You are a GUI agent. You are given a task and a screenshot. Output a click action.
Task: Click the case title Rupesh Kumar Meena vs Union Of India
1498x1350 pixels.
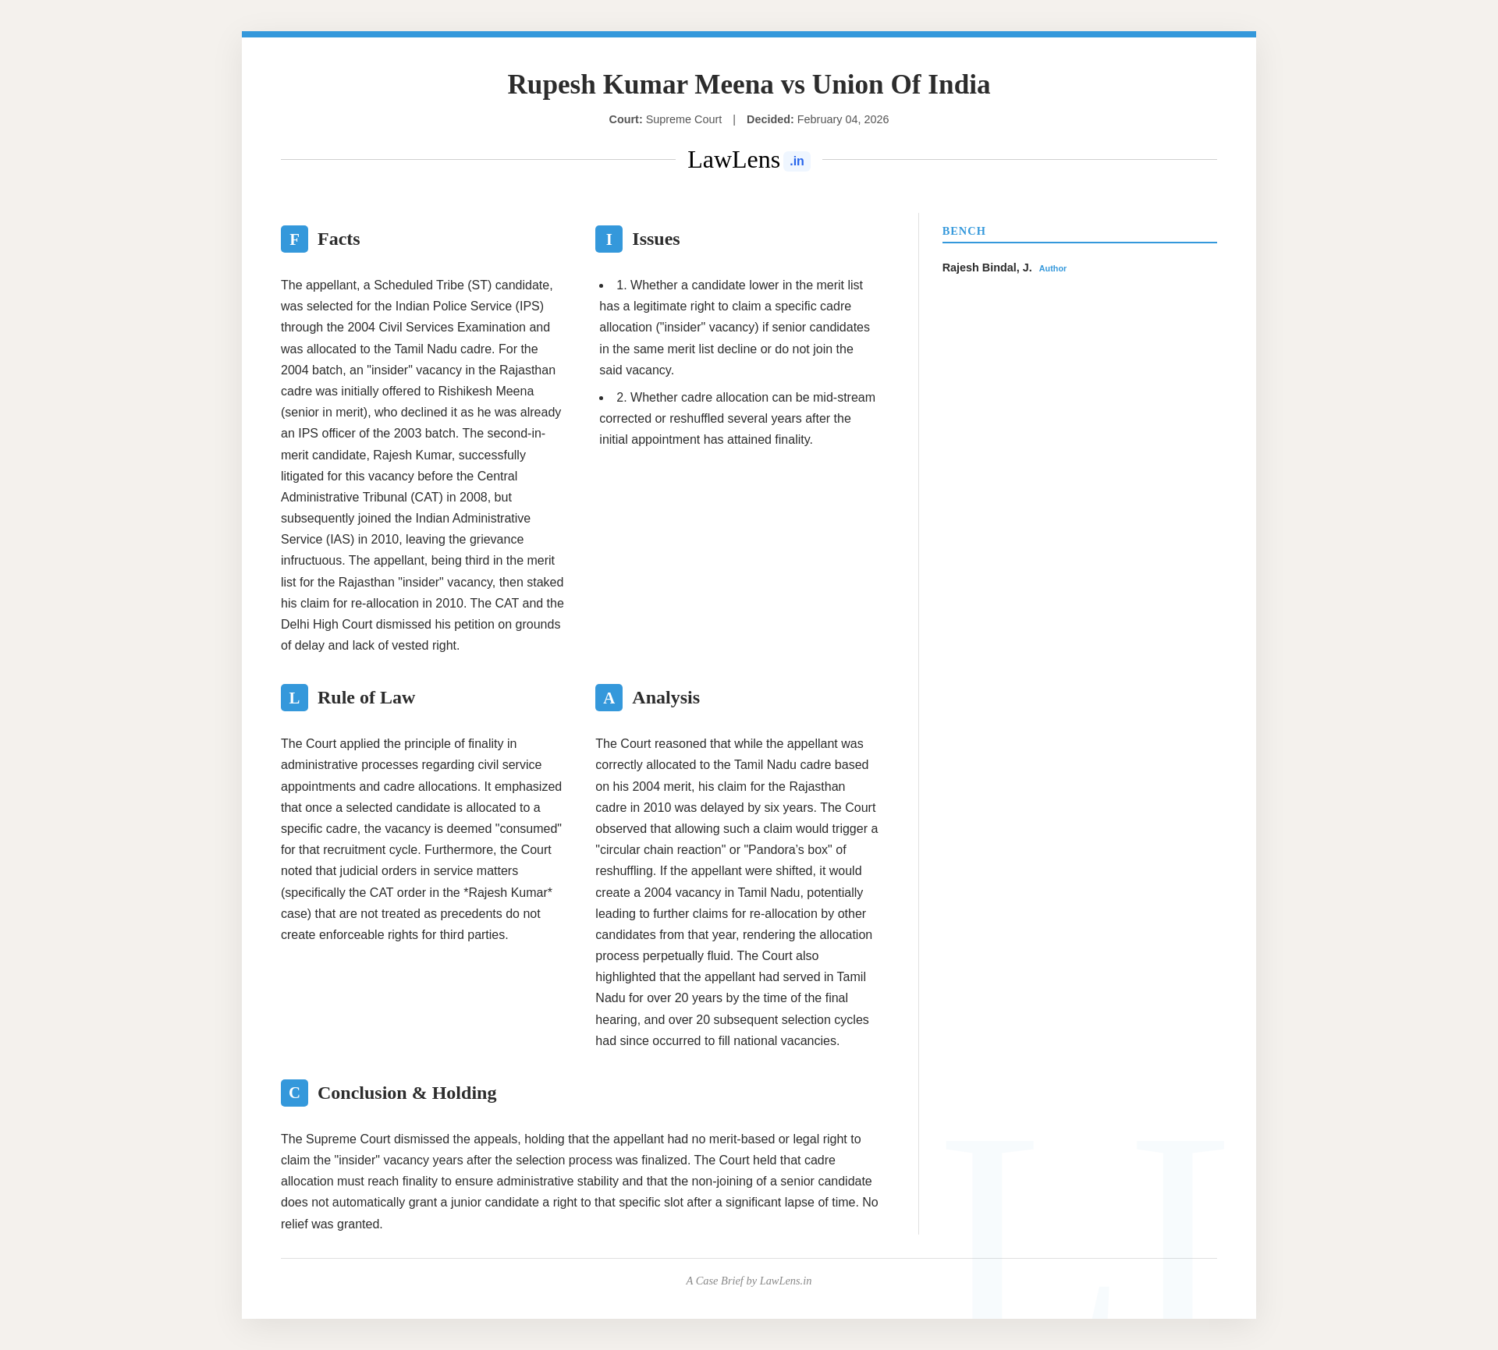[x=748, y=84]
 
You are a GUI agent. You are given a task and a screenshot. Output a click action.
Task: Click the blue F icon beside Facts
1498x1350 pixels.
[x=294, y=239]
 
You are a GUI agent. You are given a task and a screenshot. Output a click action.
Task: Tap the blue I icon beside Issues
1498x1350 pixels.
[x=609, y=239]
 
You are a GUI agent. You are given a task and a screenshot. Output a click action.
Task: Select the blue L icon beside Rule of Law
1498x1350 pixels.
[x=294, y=698]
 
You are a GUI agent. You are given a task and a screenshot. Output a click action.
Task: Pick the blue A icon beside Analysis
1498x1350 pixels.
[x=609, y=698]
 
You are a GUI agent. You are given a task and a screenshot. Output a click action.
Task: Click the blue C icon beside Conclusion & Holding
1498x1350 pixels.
[x=294, y=1093]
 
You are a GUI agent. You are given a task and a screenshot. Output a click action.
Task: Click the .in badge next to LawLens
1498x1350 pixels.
[x=797, y=161]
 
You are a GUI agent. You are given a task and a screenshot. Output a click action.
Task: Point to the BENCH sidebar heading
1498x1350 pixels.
[x=964, y=231]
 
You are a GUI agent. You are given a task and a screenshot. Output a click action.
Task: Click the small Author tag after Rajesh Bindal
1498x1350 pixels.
[x=1053, y=268]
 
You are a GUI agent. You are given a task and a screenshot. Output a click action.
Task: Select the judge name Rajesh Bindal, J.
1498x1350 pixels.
[x=986, y=268]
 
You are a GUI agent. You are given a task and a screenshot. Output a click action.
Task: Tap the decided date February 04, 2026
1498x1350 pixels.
[x=843, y=119]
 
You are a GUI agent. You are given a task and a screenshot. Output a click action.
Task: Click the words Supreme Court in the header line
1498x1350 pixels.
[x=683, y=119]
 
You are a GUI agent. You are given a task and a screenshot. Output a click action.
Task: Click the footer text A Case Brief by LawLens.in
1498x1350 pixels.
[x=748, y=1281]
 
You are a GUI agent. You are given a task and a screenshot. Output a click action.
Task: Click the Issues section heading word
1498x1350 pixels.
[x=655, y=239]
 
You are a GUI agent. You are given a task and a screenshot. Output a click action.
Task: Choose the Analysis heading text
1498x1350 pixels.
[x=666, y=698]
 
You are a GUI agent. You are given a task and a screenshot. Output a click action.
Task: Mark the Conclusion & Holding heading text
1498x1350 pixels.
[x=406, y=1093]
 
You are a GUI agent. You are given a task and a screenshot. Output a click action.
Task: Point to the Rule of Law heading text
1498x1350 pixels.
[x=366, y=698]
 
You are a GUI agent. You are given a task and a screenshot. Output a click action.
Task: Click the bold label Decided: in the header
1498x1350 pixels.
[x=769, y=119]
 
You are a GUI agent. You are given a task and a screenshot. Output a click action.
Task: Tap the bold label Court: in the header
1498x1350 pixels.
[x=625, y=119]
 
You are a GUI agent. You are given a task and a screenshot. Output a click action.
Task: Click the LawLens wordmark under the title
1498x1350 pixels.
[x=733, y=160]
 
